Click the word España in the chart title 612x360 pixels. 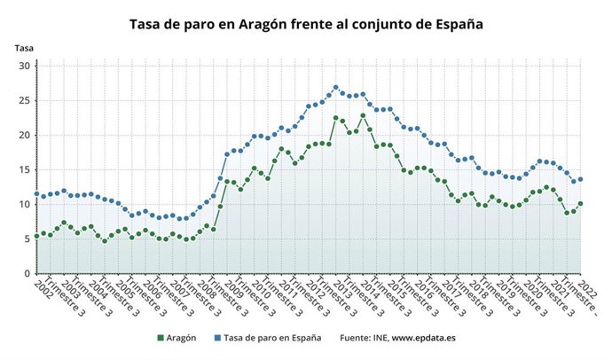[x=453, y=25]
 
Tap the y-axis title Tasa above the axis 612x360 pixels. [x=23, y=48]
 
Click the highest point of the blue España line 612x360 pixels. [x=335, y=88]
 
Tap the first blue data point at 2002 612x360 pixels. [x=36, y=194]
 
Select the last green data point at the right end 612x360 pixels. [x=580, y=203]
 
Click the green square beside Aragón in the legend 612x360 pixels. [x=162, y=338]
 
